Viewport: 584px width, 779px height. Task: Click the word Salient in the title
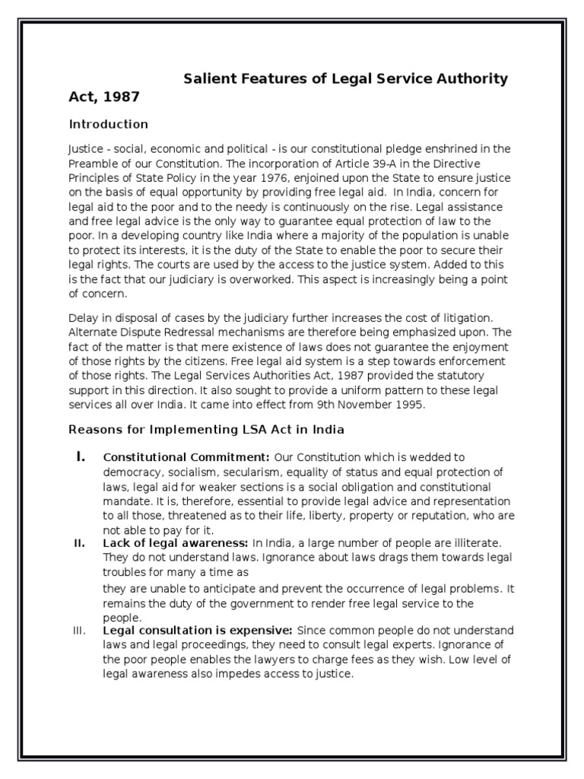pos(211,79)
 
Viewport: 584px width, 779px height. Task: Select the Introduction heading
pos(109,124)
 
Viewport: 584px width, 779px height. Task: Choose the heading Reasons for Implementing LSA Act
pos(207,430)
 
